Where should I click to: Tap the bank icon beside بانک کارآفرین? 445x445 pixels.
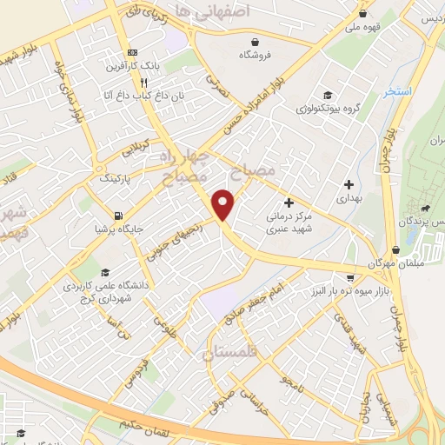(131, 52)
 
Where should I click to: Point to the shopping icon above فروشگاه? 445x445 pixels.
(255, 41)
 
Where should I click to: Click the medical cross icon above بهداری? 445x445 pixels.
(349, 184)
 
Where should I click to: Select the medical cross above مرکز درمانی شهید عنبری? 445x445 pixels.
(289, 202)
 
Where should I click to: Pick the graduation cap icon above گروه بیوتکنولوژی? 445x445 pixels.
(326, 96)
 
